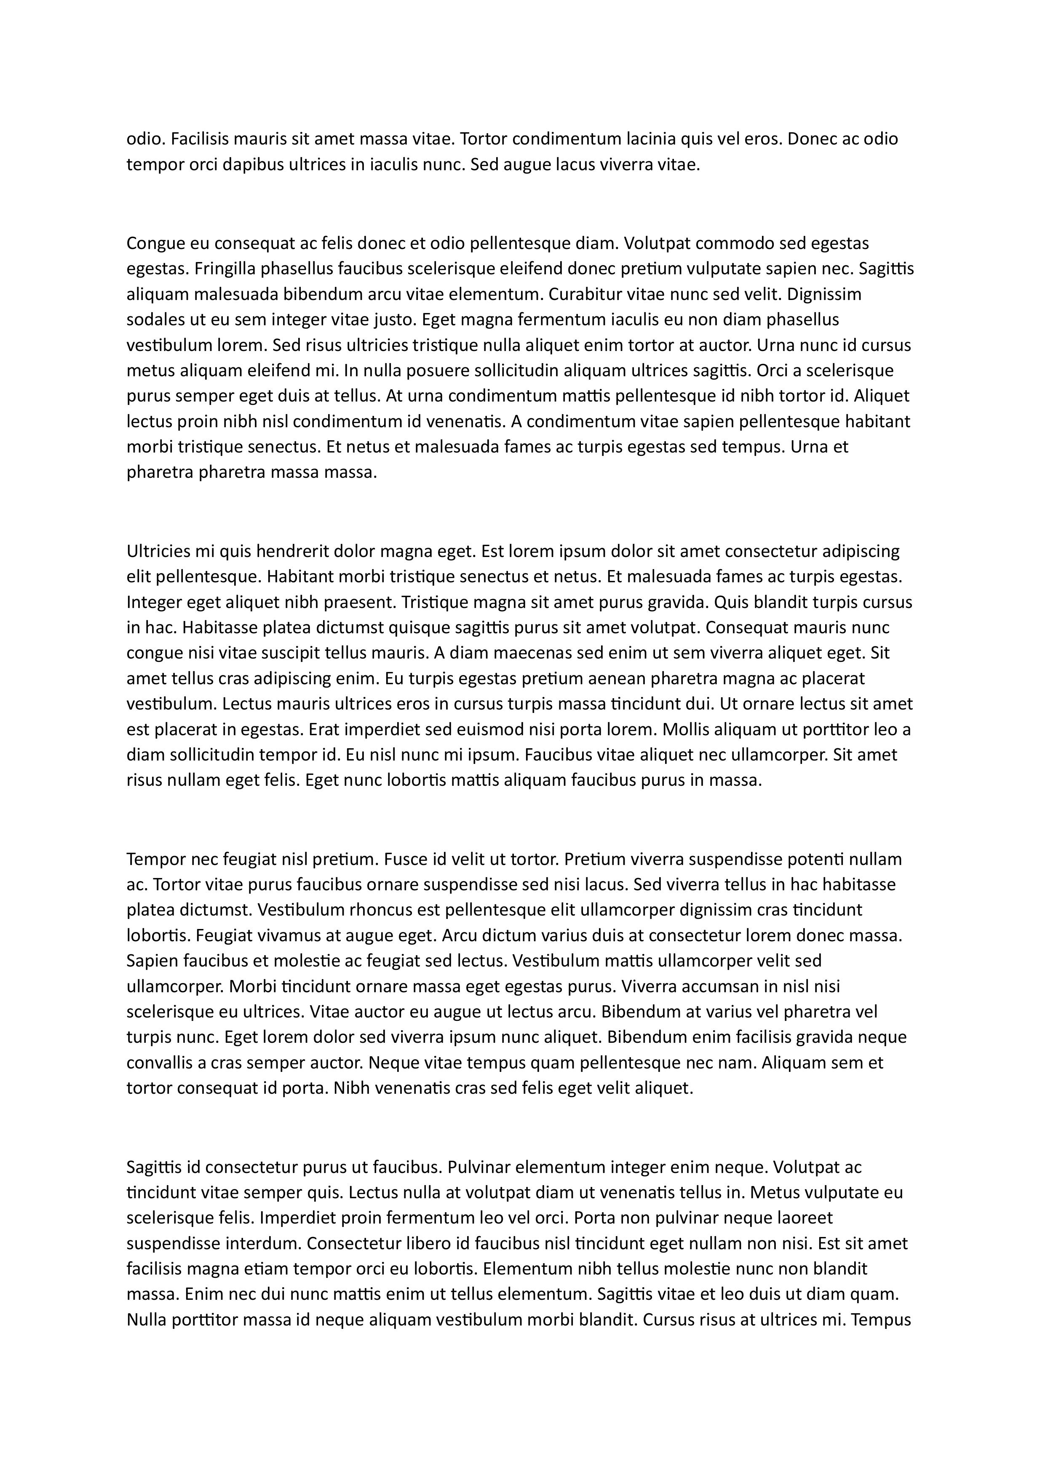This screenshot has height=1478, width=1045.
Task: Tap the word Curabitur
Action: click(585, 294)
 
